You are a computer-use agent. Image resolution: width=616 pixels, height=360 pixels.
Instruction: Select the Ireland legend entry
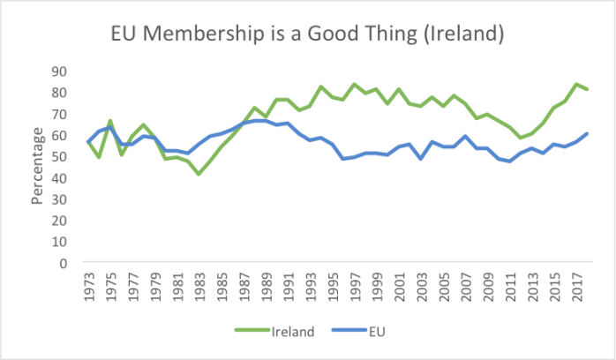[267, 332]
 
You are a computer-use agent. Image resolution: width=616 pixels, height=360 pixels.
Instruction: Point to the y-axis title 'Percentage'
[38, 166]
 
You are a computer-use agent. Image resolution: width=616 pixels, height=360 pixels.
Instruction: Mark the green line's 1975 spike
[111, 121]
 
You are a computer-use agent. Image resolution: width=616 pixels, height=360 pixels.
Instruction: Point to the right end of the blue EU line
[587, 133]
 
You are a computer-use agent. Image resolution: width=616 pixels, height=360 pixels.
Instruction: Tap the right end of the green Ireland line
[587, 89]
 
